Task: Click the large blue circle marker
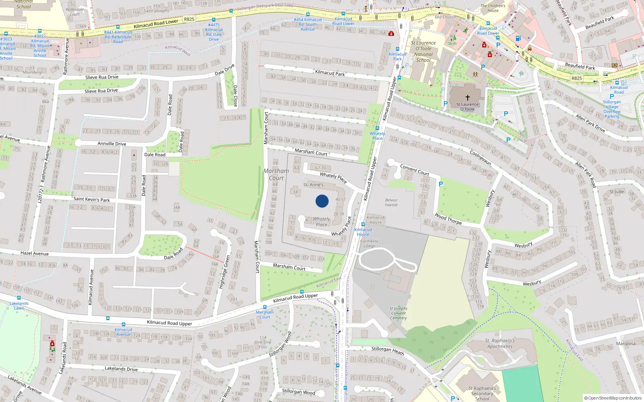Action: tap(322, 201)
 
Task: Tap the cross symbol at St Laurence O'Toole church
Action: tap(467, 98)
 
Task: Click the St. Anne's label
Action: tap(313, 185)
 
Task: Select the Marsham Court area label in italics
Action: tap(276, 174)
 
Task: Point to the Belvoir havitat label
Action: tap(391, 203)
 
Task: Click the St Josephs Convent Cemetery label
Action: tap(398, 313)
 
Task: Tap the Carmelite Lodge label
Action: tap(369, 244)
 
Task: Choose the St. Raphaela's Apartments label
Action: tap(500, 343)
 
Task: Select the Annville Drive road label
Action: tap(112, 144)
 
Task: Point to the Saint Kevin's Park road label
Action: tap(91, 199)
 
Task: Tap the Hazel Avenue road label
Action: tap(35, 253)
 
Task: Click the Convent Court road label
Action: tap(414, 170)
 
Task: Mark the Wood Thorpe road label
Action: tap(448, 219)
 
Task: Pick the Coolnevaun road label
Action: tap(481, 158)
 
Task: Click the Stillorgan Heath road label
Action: tap(387, 351)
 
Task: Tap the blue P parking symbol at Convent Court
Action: tap(441, 184)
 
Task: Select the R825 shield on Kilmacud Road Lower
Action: tap(189, 19)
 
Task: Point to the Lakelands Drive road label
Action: tap(121, 369)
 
